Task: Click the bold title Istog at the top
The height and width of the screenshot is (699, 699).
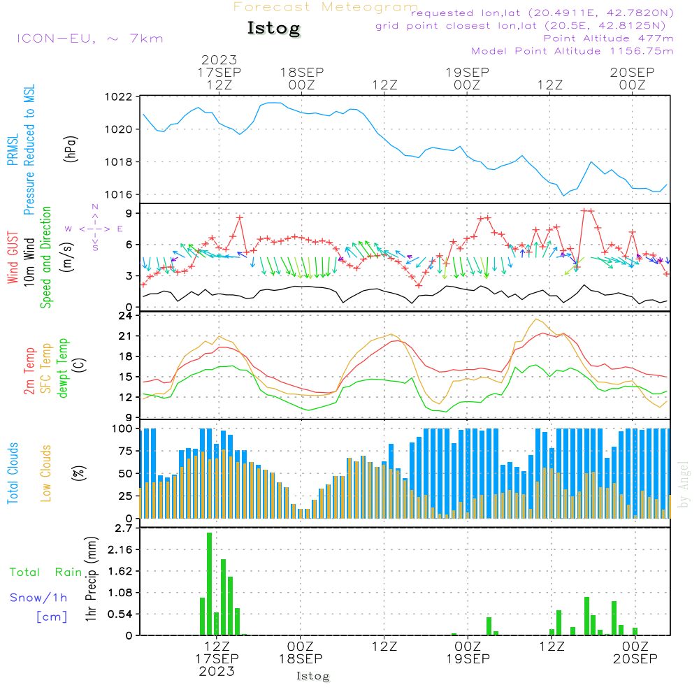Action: click(274, 28)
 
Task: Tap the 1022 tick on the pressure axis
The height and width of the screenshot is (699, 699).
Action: click(118, 96)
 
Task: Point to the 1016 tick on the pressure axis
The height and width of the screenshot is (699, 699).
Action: click(118, 194)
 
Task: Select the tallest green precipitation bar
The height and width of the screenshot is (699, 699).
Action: click(209, 584)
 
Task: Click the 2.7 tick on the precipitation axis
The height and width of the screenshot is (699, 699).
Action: click(124, 528)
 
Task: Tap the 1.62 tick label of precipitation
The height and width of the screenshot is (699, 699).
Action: click(120, 571)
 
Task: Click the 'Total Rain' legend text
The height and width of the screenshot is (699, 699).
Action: click(46, 572)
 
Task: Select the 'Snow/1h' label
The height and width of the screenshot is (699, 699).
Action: click(38, 598)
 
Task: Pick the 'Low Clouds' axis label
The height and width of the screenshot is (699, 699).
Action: click(45, 473)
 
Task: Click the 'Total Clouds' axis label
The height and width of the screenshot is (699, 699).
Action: click(13, 473)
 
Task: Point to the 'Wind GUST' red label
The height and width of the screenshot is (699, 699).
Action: click(13, 257)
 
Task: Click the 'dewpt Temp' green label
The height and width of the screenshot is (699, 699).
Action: click(62, 368)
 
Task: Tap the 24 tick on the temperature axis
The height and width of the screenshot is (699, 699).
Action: click(125, 316)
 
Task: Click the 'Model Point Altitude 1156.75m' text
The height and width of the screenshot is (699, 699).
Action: click(572, 51)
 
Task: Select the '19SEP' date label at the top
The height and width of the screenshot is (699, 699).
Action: click(467, 72)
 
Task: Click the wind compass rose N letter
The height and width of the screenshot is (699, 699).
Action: click(95, 207)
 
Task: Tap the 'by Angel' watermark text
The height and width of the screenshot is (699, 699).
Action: click(684, 484)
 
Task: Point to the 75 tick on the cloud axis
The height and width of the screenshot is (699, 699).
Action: click(125, 451)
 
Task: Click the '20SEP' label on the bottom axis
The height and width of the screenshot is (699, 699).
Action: click(635, 659)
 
